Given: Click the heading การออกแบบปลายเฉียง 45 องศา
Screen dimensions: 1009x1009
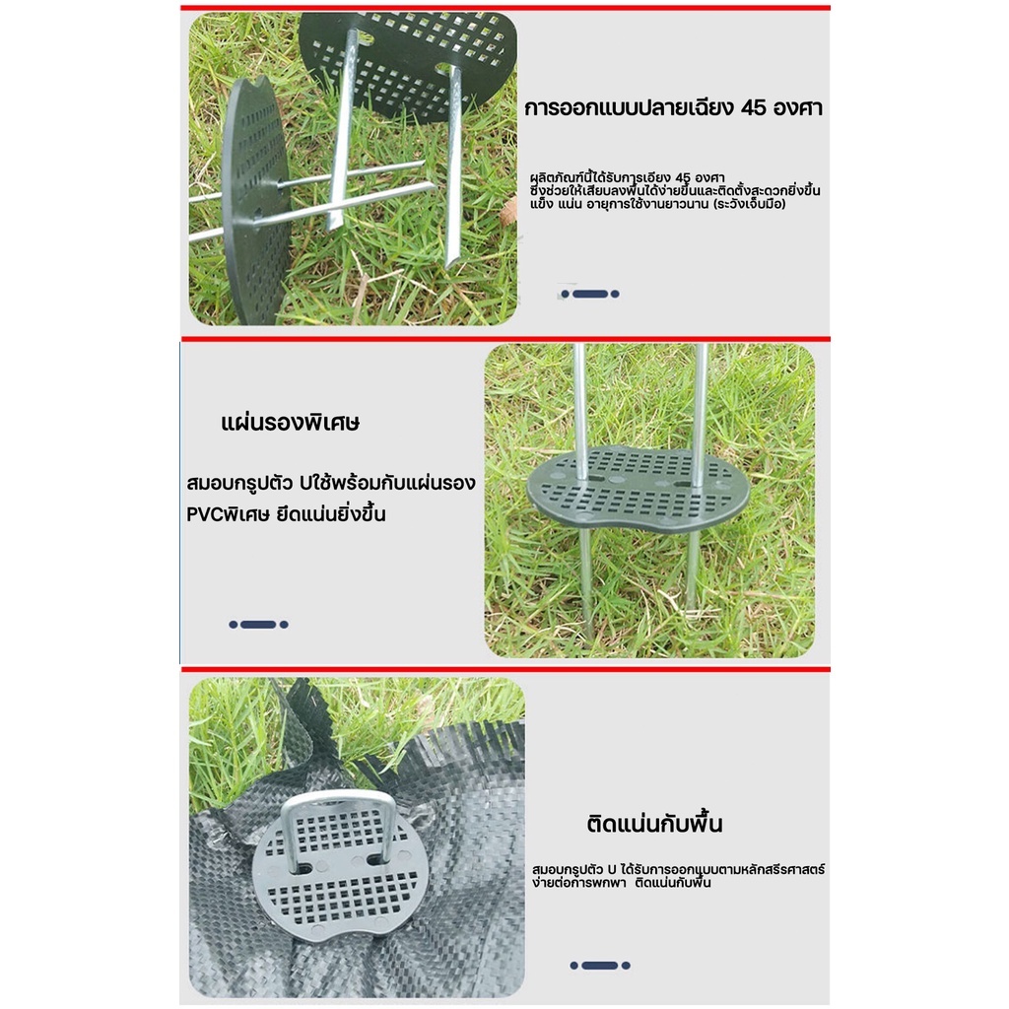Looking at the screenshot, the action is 673,107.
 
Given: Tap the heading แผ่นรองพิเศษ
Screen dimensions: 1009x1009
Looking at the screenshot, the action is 291,423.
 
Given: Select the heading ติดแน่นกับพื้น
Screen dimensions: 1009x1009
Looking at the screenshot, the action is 654,825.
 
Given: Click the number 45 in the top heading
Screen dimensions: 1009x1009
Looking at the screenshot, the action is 754,107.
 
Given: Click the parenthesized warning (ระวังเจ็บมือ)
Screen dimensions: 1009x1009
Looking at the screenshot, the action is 749,205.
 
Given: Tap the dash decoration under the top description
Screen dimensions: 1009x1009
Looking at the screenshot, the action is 589,294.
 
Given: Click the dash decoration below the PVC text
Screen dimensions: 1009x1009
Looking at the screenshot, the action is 259,624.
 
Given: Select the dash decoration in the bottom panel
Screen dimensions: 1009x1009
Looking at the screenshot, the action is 600,966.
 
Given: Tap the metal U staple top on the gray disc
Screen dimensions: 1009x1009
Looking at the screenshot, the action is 337,799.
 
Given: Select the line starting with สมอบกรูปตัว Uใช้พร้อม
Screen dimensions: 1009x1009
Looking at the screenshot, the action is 331,483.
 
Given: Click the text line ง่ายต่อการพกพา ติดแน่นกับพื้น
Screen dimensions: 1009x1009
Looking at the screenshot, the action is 621,883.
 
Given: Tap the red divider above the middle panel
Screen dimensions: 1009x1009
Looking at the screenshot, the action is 505,339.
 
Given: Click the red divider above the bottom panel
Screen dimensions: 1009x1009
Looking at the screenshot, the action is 505,670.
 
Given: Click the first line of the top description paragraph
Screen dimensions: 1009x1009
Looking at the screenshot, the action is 627,177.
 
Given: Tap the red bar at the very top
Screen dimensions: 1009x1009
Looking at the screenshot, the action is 505,8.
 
